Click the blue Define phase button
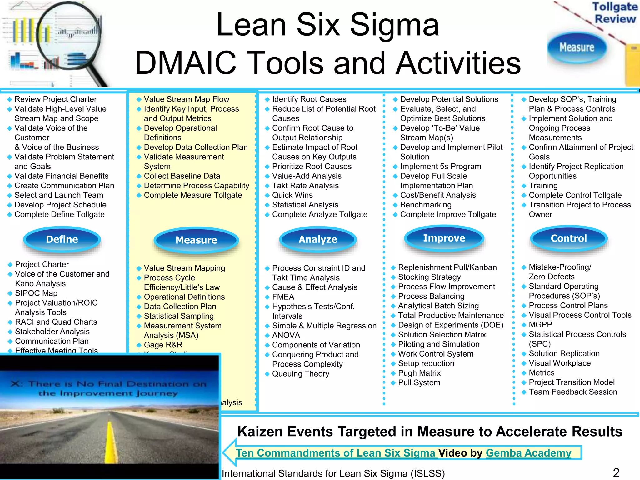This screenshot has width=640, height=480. pyautogui.click(x=62, y=239)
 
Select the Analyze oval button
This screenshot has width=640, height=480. pyautogui.click(x=318, y=239)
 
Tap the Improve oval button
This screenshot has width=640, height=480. pyautogui.click(x=444, y=238)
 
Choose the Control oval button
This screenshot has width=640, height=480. pyautogui.click(x=568, y=238)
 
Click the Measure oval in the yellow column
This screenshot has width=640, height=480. pyautogui.click(x=196, y=240)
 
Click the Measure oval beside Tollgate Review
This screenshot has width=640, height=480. pyautogui.click(x=577, y=47)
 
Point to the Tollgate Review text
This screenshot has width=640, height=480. pyautogui.click(x=615, y=13)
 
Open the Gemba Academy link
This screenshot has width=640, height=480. pyautogui.click(x=528, y=453)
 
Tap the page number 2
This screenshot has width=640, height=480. pyautogui.click(x=616, y=473)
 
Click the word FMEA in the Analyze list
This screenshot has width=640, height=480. pyautogui.click(x=283, y=297)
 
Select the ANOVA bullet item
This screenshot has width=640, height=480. pyautogui.click(x=286, y=335)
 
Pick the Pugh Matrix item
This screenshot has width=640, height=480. pyautogui.click(x=419, y=373)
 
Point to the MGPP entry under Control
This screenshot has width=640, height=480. pyautogui.click(x=540, y=325)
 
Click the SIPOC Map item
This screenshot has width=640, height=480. pyautogui.click(x=36, y=293)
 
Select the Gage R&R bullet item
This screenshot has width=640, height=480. pyautogui.click(x=163, y=345)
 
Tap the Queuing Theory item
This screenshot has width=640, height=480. pyautogui.click(x=301, y=374)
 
